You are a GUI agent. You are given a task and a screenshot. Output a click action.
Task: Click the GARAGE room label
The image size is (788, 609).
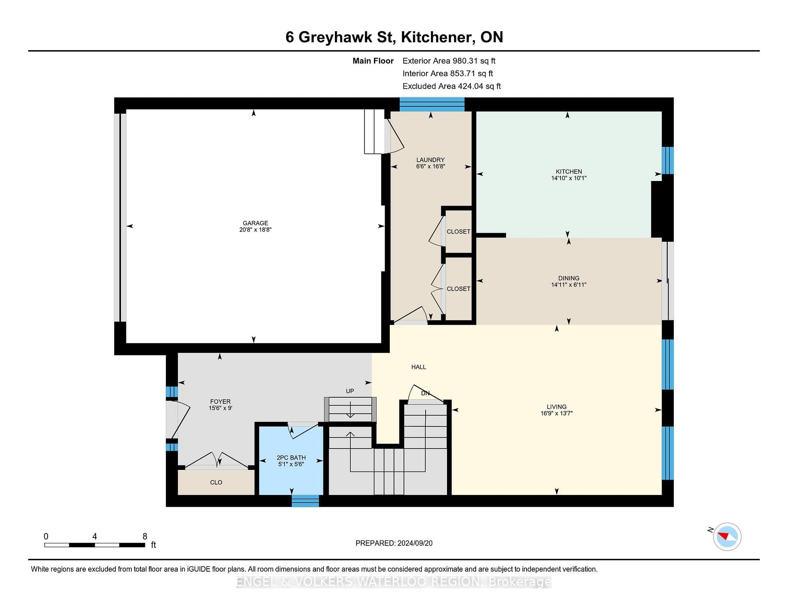click(255, 223)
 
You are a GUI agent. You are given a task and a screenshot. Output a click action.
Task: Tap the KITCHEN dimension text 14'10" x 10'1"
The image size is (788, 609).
click(569, 178)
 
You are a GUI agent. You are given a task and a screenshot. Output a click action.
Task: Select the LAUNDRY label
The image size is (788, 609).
click(431, 160)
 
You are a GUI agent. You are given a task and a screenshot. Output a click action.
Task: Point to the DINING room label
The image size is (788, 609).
click(569, 278)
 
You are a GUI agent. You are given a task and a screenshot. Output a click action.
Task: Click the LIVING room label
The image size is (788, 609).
click(557, 407)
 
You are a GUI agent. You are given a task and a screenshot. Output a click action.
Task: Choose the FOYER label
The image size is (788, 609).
click(220, 401)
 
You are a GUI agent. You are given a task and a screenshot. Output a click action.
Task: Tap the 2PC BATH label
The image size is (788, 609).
click(291, 458)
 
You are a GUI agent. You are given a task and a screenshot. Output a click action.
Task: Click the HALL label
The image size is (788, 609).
click(419, 367)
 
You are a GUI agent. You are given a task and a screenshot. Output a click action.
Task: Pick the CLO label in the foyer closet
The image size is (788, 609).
click(216, 482)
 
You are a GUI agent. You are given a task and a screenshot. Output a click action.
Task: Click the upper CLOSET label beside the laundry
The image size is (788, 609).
click(458, 231)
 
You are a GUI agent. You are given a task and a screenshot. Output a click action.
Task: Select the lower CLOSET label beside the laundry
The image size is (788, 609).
click(458, 288)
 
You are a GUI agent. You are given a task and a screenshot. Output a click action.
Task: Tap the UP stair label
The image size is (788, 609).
click(350, 391)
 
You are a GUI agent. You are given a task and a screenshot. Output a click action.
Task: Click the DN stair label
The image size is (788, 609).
click(425, 393)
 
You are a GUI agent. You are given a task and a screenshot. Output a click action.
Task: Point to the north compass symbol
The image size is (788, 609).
click(727, 536)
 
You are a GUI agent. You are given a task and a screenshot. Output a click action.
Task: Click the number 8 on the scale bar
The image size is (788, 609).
click(145, 536)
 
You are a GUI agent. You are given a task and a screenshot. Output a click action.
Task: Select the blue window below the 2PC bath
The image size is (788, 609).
click(305, 501)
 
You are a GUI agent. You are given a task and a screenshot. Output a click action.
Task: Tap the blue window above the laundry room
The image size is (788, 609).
click(432, 105)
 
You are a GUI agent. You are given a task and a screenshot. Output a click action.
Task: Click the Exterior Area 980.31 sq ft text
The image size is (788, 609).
click(449, 61)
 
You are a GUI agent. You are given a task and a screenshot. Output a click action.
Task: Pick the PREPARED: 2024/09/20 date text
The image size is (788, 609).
click(394, 543)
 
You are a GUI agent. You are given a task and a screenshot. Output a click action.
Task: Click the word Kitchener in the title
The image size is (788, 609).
click(435, 37)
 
